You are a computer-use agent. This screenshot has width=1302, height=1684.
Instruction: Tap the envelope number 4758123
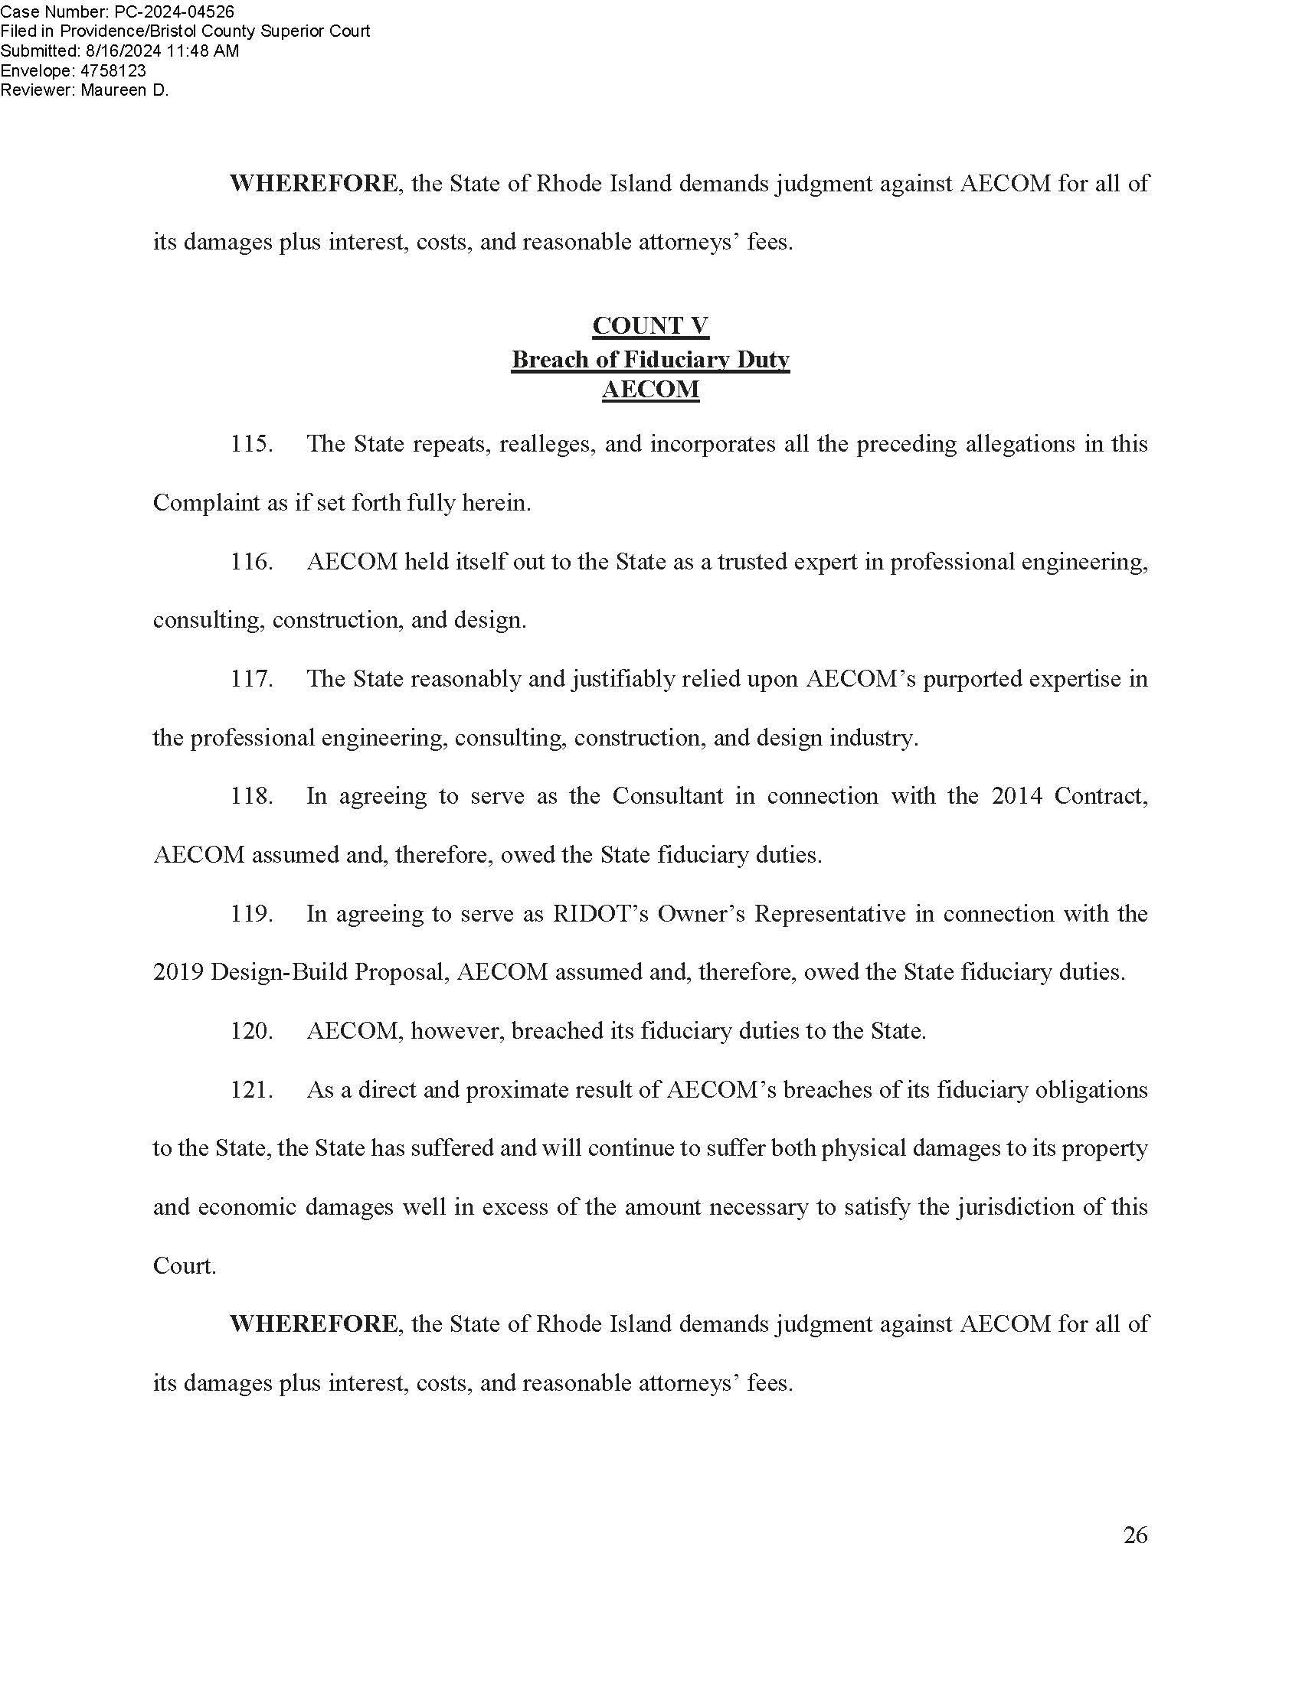[113, 71]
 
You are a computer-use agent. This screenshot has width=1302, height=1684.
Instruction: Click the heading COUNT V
[650, 326]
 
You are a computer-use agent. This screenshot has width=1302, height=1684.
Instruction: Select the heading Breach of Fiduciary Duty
[650, 359]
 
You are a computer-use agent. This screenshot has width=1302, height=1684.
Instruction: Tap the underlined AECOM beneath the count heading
[650, 390]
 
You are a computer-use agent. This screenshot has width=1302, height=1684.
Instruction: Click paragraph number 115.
[251, 444]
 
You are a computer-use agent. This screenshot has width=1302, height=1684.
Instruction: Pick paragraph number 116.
[251, 561]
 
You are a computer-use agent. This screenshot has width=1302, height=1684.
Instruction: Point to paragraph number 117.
[251, 678]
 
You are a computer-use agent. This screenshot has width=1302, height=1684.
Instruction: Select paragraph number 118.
[251, 796]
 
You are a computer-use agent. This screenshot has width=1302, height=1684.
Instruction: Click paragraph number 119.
[251, 914]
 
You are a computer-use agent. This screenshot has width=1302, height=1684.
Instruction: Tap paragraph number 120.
[251, 1031]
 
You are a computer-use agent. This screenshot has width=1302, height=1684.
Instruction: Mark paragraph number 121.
[251, 1089]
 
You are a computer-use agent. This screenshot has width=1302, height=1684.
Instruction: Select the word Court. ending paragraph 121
[185, 1266]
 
